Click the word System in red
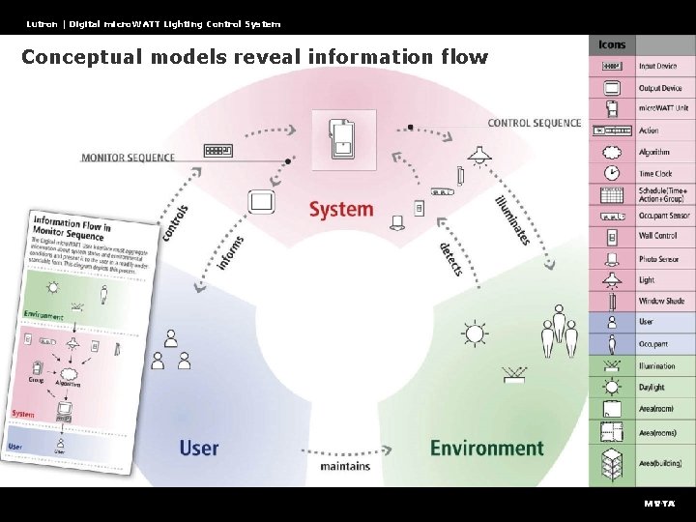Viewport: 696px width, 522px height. click(x=340, y=209)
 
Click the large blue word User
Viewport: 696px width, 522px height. click(x=198, y=448)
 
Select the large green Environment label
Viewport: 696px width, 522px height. click(x=486, y=448)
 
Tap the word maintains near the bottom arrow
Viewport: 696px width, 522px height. click(x=345, y=467)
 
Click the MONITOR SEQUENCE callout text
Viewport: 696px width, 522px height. click(x=129, y=157)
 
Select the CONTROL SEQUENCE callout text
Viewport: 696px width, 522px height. click(x=535, y=124)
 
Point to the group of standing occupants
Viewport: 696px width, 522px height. click(x=558, y=331)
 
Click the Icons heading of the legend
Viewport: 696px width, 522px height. click(x=612, y=44)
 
